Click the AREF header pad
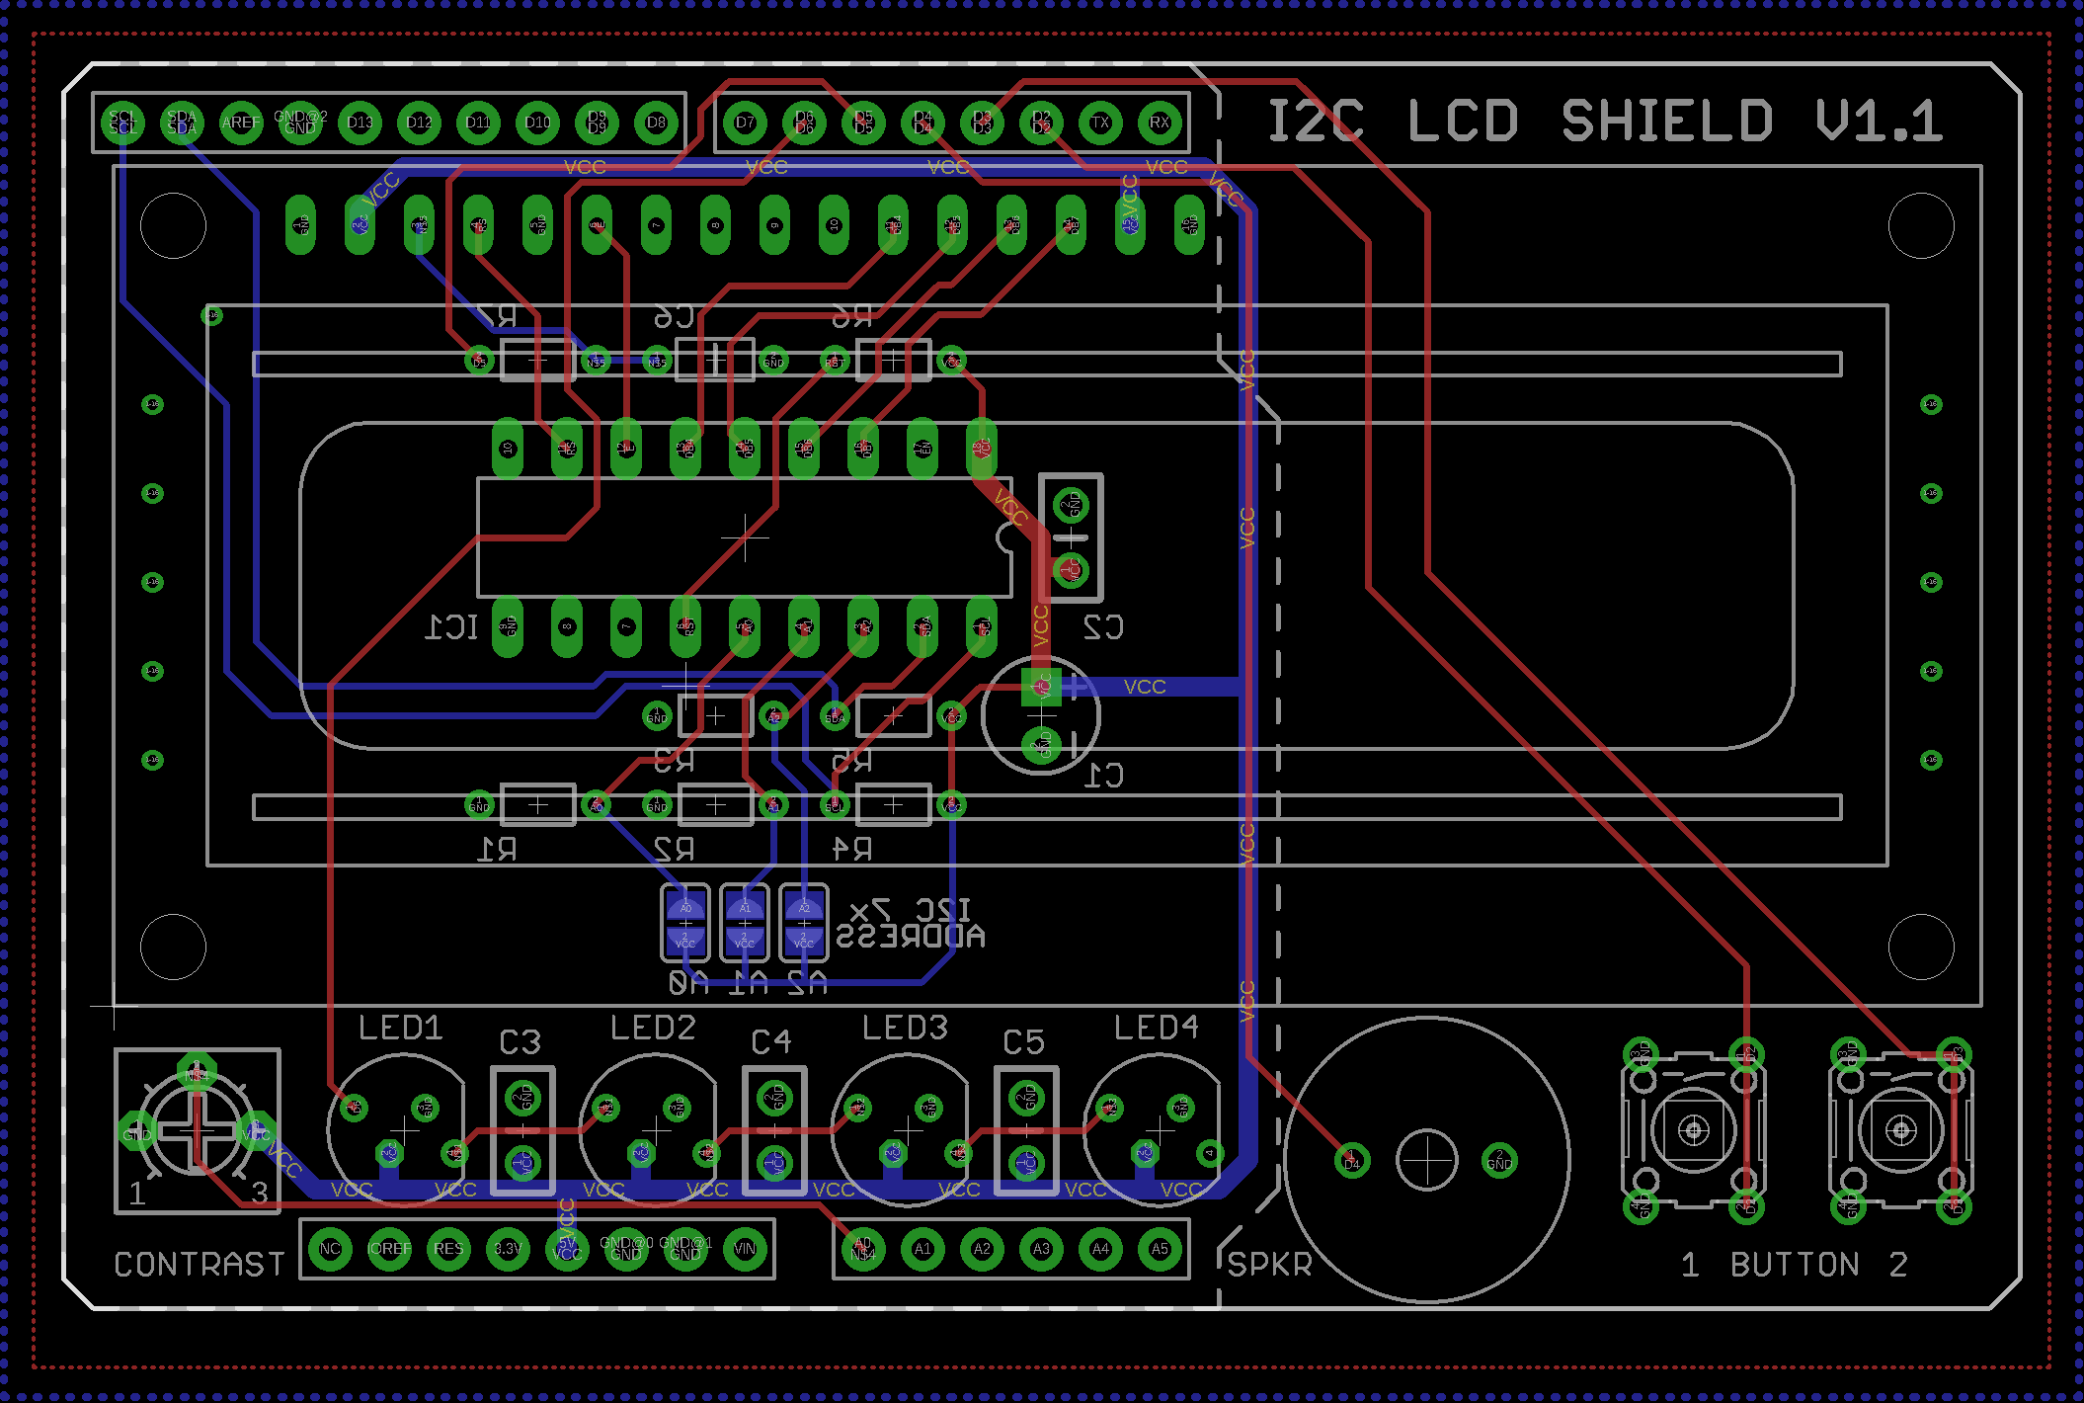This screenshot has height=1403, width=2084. coord(241,123)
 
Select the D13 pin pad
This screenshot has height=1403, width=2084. coord(360,123)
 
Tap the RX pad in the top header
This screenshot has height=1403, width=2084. coord(1160,123)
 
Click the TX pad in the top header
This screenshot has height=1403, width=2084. coord(1100,123)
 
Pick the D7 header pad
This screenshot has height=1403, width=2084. coord(745,123)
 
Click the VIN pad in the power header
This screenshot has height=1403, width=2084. coord(745,1249)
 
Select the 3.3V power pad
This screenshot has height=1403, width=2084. coord(508,1249)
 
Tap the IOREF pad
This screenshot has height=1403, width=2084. coord(389,1249)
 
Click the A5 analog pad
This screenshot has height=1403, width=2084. coord(1160,1249)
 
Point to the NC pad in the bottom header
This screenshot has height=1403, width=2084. coord(330,1249)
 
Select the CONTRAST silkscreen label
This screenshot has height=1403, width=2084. coord(200,1265)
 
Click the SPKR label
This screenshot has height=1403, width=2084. coord(1270,1265)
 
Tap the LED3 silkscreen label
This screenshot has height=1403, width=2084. coord(905,1029)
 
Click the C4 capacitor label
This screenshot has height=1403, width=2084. coord(771,1042)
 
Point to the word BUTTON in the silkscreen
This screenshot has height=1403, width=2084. coord(1795,1265)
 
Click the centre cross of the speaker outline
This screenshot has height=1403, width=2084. coord(1426,1160)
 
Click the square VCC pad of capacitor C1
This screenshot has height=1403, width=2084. coord(1041,687)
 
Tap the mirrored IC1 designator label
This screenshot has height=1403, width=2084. coord(451,627)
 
